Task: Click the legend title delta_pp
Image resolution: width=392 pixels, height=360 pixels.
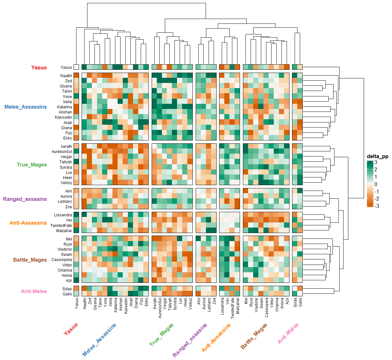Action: (x=378, y=157)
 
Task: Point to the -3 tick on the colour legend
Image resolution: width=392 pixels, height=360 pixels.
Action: (x=376, y=206)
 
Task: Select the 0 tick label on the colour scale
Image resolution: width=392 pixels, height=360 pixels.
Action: (x=376, y=184)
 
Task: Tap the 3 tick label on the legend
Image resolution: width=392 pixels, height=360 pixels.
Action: (x=376, y=162)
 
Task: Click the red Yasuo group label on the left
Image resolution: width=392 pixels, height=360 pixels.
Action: (x=39, y=67)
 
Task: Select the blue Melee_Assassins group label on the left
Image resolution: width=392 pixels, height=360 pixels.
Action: (x=26, y=107)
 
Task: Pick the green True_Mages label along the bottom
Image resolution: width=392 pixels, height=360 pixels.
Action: (x=162, y=335)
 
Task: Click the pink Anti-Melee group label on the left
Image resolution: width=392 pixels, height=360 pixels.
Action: (x=34, y=291)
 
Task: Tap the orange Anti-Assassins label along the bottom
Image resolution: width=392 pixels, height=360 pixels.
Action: (x=216, y=337)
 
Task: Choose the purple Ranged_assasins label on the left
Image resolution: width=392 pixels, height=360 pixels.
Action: (x=25, y=199)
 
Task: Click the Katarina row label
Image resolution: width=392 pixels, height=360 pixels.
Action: (x=65, y=107)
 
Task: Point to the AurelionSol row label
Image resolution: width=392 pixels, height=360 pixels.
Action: (x=62, y=152)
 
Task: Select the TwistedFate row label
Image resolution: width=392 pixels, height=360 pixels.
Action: (x=61, y=226)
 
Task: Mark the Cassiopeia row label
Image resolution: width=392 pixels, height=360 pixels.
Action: (x=62, y=260)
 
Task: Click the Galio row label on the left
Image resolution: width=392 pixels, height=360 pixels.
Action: (x=67, y=294)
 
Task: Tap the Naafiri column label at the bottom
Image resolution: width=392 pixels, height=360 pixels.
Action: (x=85, y=303)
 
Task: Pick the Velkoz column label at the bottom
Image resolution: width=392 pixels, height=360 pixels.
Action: (x=191, y=303)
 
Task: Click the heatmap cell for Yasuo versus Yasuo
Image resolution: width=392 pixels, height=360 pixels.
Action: (x=76, y=67)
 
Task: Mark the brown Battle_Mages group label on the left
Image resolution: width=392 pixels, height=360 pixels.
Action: (x=30, y=260)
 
